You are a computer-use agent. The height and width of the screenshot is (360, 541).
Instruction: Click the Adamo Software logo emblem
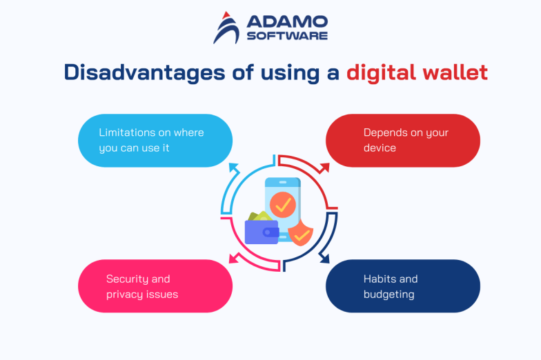(226, 28)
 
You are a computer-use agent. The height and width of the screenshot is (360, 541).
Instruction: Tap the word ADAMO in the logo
(284, 21)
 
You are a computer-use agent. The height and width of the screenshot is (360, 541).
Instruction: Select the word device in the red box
(380, 148)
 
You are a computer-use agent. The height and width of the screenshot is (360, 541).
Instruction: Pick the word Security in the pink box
(128, 279)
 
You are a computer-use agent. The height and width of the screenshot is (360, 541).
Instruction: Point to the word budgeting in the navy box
(389, 294)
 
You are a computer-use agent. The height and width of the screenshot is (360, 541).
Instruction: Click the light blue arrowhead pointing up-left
(233, 166)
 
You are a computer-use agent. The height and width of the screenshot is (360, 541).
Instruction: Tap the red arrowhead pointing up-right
(324, 167)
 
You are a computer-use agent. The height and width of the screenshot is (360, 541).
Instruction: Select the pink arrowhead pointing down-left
(233, 259)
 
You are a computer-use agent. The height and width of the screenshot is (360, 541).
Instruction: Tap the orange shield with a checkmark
(301, 234)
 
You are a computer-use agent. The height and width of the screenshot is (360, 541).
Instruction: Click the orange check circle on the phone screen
(282, 204)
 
